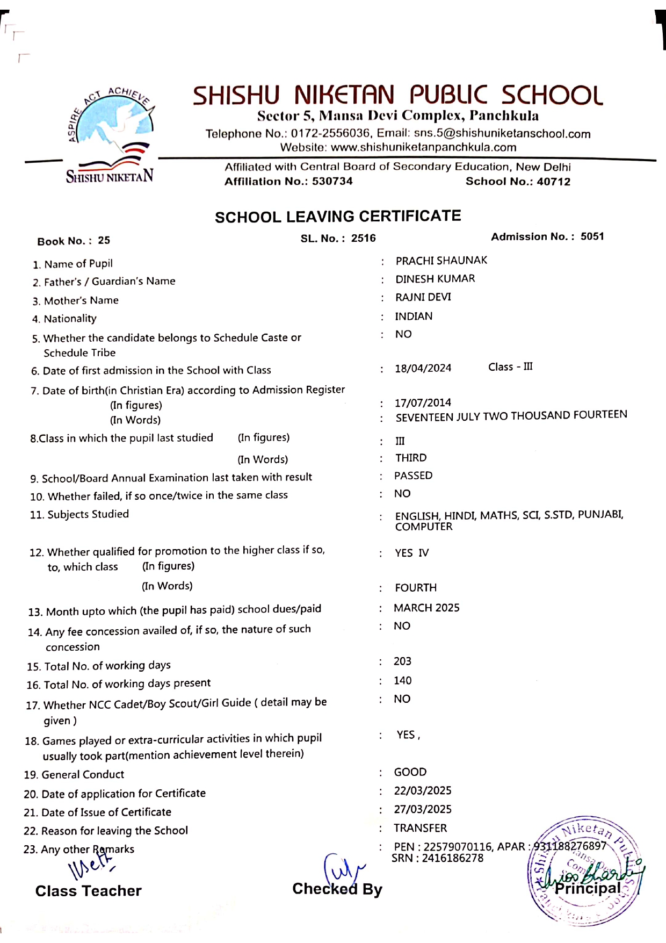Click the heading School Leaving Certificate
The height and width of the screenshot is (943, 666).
pyautogui.click(x=338, y=217)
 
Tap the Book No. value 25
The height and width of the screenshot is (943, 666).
pyautogui.click(x=104, y=241)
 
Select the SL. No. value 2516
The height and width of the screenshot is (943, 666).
pyautogui.click(x=364, y=239)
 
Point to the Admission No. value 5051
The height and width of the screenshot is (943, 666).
pyautogui.click(x=592, y=237)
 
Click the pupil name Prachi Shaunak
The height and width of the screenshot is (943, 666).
pyautogui.click(x=441, y=261)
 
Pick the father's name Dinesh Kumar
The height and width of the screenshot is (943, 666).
pyautogui.click(x=435, y=279)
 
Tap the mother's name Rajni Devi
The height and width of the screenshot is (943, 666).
pyautogui.click(x=423, y=297)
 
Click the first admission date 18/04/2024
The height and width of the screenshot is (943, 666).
pyautogui.click(x=423, y=369)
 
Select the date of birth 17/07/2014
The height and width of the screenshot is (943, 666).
pyautogui.click(x=423, y=403)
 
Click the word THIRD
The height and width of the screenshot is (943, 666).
pyautogui.click(x=411, y=458)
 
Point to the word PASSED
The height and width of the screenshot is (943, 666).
pyautogui.click(x=414, y=476)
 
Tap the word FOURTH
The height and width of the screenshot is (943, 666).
pyautogui.click(x=416, y=588)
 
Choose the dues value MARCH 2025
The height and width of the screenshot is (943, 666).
pyautogui.click(x=427, y=608)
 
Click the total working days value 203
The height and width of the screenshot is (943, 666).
pyautogui.click(x=402, y=661)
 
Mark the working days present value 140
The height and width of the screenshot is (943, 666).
pyautogui.click(x=402, y=681)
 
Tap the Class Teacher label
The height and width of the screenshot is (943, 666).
pyautogui.click(x=89, y=891)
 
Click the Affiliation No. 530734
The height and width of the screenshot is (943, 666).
pyautogui.click(x=332, y=182)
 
